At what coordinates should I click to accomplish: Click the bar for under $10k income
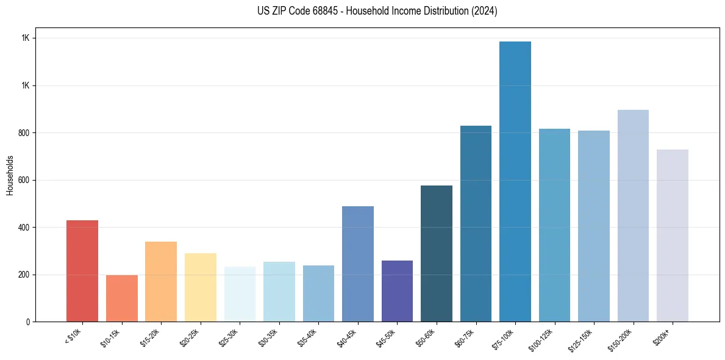(x=82, y=271)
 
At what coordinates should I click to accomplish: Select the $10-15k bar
(x=121, y=298)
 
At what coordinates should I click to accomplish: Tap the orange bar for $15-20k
(x=161, y=281)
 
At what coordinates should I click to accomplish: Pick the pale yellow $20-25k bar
(x=200, y=287)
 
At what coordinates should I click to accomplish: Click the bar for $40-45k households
(x=357, y=264)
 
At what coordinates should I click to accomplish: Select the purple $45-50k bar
(x=397, y=291)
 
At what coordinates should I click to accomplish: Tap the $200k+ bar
(x=672, y=236)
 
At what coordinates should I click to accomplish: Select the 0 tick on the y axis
(x=28, y=322)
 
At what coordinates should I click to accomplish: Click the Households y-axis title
(x=10, y=175)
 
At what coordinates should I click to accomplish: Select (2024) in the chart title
(x=484, y=11)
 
